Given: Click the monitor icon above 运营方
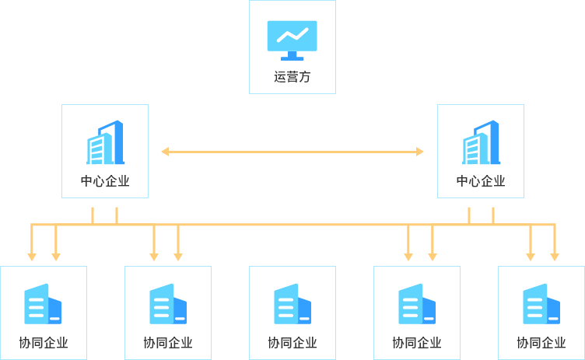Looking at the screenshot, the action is click(292, 40).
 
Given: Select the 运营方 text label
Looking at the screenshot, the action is click(292, 77).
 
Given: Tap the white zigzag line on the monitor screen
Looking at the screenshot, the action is click(292, 35).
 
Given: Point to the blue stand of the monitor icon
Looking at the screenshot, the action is click(292, 56).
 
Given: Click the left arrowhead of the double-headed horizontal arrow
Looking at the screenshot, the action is click(165, 152).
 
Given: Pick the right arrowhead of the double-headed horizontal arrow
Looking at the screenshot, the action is click(420, 152).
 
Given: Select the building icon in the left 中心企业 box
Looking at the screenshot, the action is click(105, 142).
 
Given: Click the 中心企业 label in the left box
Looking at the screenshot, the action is click(105, 181).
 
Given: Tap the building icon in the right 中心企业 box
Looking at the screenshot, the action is click(481, 142).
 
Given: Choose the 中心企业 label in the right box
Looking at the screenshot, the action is click(481, 181).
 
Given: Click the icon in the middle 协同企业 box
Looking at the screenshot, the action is click(292, 304).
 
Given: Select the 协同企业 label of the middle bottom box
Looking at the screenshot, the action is click(292, 342).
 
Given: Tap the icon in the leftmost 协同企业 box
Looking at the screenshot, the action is click(43, 304).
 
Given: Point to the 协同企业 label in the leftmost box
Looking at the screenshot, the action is click(44, 342).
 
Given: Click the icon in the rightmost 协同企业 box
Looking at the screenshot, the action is click(541, 304).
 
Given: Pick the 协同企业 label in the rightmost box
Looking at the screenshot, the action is click(541, 342).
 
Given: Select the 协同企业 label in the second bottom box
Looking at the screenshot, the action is click(168, 342).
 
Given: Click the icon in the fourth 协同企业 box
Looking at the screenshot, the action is click(417, 304).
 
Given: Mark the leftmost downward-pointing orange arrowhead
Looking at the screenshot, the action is click(32, 257).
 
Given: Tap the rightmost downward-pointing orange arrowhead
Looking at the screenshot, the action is click(555, 257).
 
